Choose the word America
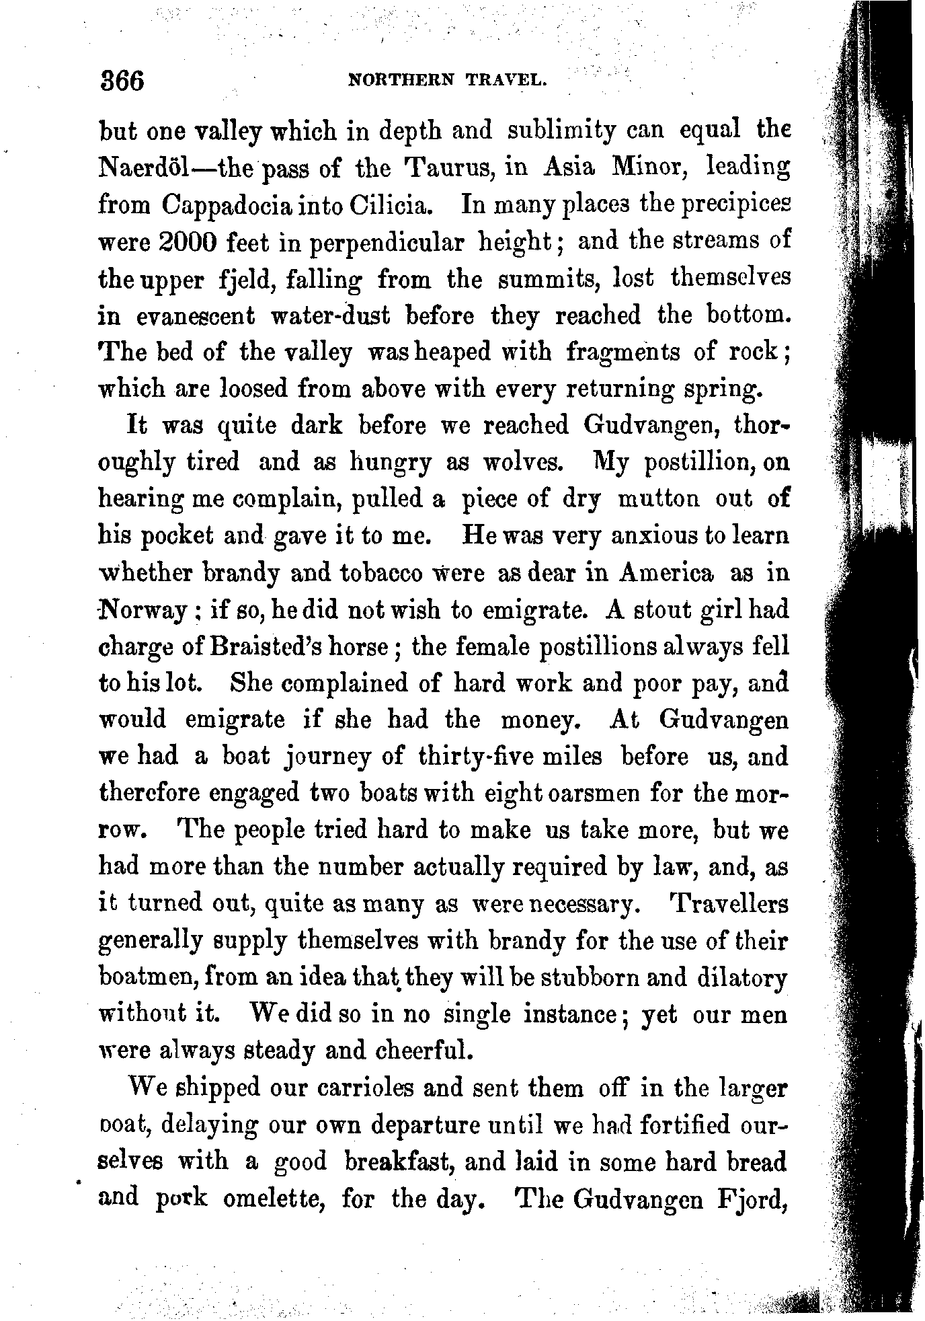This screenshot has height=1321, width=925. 666,573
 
